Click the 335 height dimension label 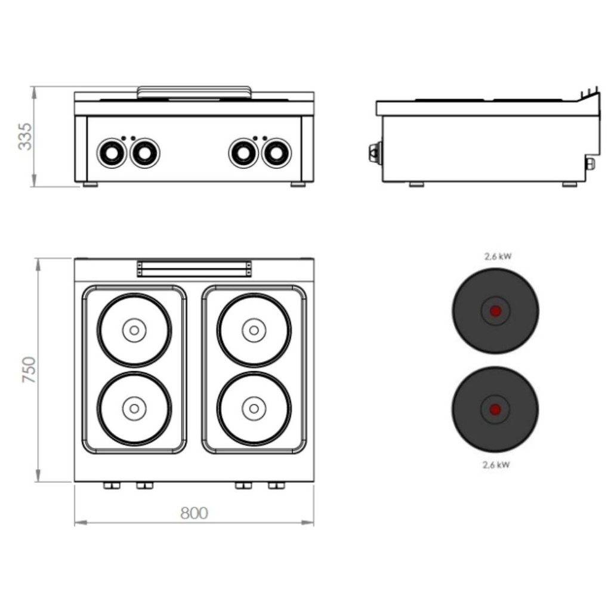click(25, 136)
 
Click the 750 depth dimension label click(29, 370)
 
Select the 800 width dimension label click(193, 513)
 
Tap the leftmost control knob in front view click(111, 153)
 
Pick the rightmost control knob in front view click(276, 153)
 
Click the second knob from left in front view click(144, 153)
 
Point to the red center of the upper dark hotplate click(495, 311)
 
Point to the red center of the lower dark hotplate click(495, 409)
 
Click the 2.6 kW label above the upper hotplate click(497, 257)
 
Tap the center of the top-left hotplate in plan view click(134, 329)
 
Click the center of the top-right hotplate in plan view click(254, 329)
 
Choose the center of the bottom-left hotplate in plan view click(134, 408)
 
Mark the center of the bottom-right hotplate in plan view click(254, 408)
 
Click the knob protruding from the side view click(374, 153)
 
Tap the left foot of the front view click(90, 184)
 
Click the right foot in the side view click(569, 184)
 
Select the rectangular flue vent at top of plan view click(193, 268)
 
